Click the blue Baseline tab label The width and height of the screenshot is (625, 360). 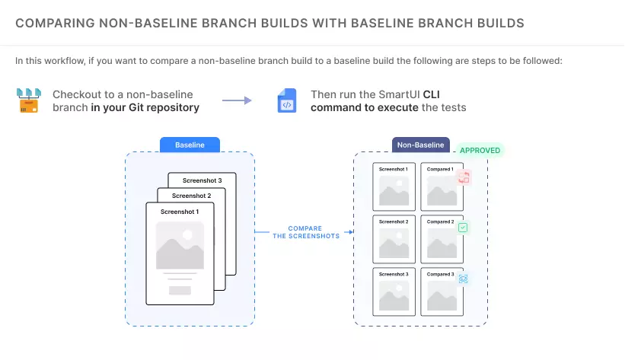click(190, 145)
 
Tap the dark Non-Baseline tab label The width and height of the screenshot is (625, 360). click(421, 145)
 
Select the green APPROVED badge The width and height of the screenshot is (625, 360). click(480, 151)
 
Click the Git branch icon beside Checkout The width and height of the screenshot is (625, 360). click(29, 100)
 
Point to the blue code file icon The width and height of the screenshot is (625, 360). click(287, 101)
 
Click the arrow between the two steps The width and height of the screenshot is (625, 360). click(237, 100)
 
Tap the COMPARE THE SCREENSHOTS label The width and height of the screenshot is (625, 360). click(305, 231)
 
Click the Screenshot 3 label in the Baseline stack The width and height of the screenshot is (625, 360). click(202, 180)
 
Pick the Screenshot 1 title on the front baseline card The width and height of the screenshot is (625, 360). click(180, 212)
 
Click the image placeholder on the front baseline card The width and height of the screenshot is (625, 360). click(180, 245)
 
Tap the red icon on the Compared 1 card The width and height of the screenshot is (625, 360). click(464, 178)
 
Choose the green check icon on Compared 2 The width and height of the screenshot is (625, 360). click(463, 227)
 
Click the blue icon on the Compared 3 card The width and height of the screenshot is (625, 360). click(463, 279)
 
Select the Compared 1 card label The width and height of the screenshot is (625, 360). click(441, 169)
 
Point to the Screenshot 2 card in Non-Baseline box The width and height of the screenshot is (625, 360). click(394, 238)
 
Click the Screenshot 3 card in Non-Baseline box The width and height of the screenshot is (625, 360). click(394, 291)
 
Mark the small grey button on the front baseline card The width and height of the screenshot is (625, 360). click(180, 291)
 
